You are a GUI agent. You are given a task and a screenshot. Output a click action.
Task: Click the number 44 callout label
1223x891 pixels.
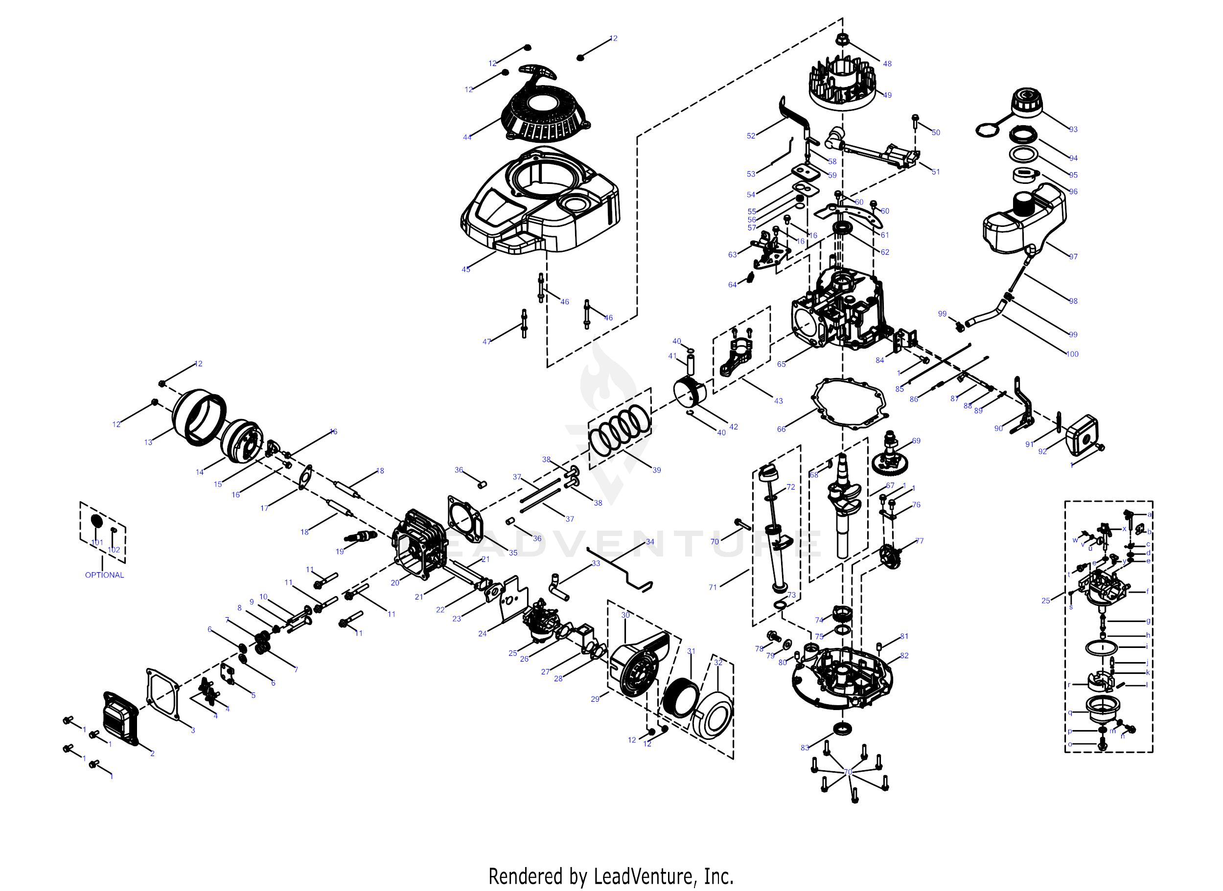click(467, 137)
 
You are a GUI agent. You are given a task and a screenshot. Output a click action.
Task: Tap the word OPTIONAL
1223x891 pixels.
click(104, 575)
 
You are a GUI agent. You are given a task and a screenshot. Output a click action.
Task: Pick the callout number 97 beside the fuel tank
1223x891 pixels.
click(1073, 257)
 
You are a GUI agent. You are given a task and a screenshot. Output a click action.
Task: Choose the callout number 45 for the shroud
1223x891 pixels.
click(466, 269)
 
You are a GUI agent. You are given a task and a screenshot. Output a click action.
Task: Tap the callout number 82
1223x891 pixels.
click(904, 655)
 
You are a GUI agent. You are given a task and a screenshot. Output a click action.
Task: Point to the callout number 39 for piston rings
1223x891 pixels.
click(656, 470)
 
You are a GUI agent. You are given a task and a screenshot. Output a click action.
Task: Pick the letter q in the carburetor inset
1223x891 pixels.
click(1070, 712)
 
